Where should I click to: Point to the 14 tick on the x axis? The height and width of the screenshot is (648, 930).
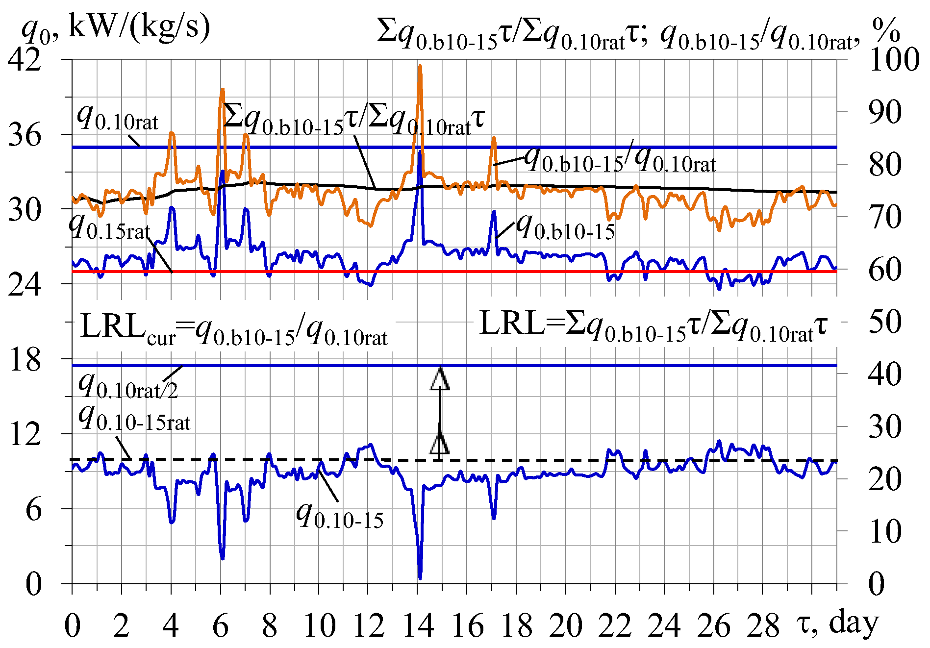point(418,626)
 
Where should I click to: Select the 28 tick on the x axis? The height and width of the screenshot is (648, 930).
point(763,626)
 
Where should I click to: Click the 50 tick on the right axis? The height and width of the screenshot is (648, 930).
point(884,322)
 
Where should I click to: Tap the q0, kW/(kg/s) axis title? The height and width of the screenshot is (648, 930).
point(116,27)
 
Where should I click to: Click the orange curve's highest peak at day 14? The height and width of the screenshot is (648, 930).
point(420,66)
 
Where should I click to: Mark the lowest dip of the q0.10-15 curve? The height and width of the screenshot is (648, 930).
point(420,577)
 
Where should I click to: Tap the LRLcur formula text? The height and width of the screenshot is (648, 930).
point(233,328)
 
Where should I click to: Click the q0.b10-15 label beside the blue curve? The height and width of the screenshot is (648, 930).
point(566,227)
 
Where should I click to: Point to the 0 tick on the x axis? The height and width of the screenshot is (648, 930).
point(73,626)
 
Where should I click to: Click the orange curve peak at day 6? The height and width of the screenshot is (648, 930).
point(223,90)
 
